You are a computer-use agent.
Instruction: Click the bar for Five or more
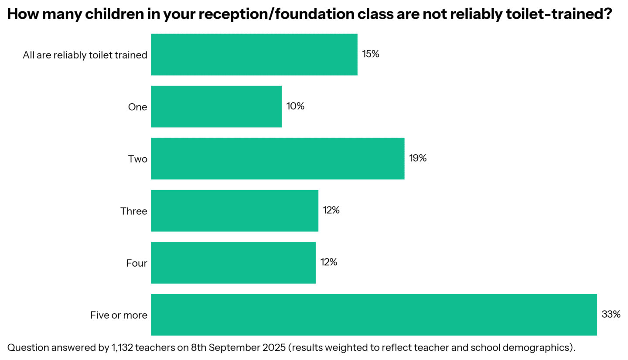pos(373,315)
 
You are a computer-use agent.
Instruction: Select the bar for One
pos(216,106)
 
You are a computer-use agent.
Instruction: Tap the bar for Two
pos(277,158)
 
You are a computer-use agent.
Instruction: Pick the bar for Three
pos(234,211)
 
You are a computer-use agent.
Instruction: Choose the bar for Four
pos(233,262)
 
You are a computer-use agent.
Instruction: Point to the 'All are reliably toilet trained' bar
pos(254,54)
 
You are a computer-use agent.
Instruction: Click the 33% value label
pos(611,314)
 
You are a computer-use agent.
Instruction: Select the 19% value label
pos(417,158)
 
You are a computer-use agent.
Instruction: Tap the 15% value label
pos(370,54)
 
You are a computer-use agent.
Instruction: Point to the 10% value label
pos(295,106)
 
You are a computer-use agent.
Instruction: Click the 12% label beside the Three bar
pos(331,211)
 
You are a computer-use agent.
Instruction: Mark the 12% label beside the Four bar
pos(328,262)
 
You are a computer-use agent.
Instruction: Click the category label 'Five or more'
pos(119,315)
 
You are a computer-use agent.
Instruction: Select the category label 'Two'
pos(137,159)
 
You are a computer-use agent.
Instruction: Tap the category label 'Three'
pos(133,211)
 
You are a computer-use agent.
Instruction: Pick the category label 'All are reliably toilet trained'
pos(85,55)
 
